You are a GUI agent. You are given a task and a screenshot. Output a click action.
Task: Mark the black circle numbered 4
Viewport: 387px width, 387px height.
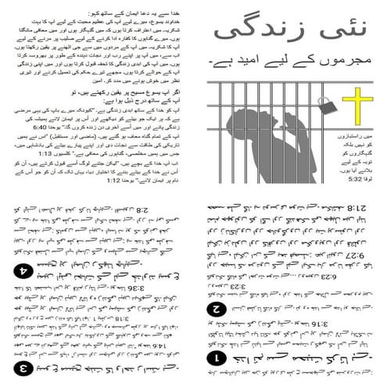[24, 273]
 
